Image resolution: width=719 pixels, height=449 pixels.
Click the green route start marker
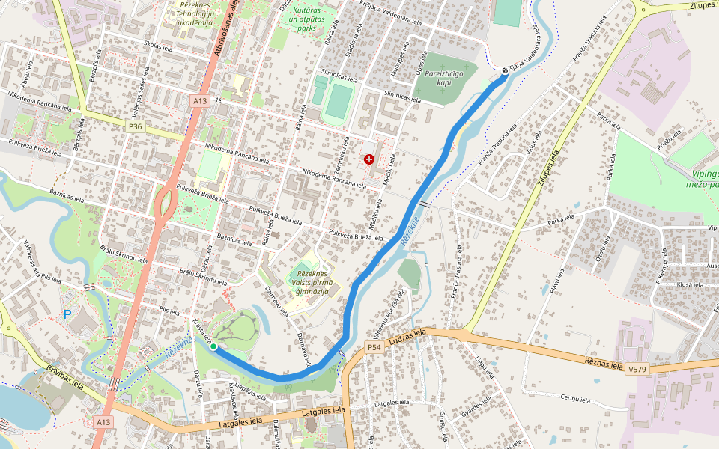point(213,346)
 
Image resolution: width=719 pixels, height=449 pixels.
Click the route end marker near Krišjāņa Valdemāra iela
point(505,70)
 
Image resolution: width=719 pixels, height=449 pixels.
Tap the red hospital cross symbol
point(368,159)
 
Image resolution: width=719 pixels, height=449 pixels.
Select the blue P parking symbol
point(67,315)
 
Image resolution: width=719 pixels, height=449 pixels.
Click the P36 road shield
point(135,127)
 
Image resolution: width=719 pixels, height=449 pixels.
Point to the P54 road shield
point(374,347)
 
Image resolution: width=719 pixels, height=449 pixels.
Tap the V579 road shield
point(637,370)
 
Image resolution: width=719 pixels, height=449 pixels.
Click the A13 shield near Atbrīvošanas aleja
point(198,100)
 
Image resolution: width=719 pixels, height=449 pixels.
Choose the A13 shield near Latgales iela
point(103,422)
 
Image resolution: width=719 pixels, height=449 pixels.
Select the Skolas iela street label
point(158,46)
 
